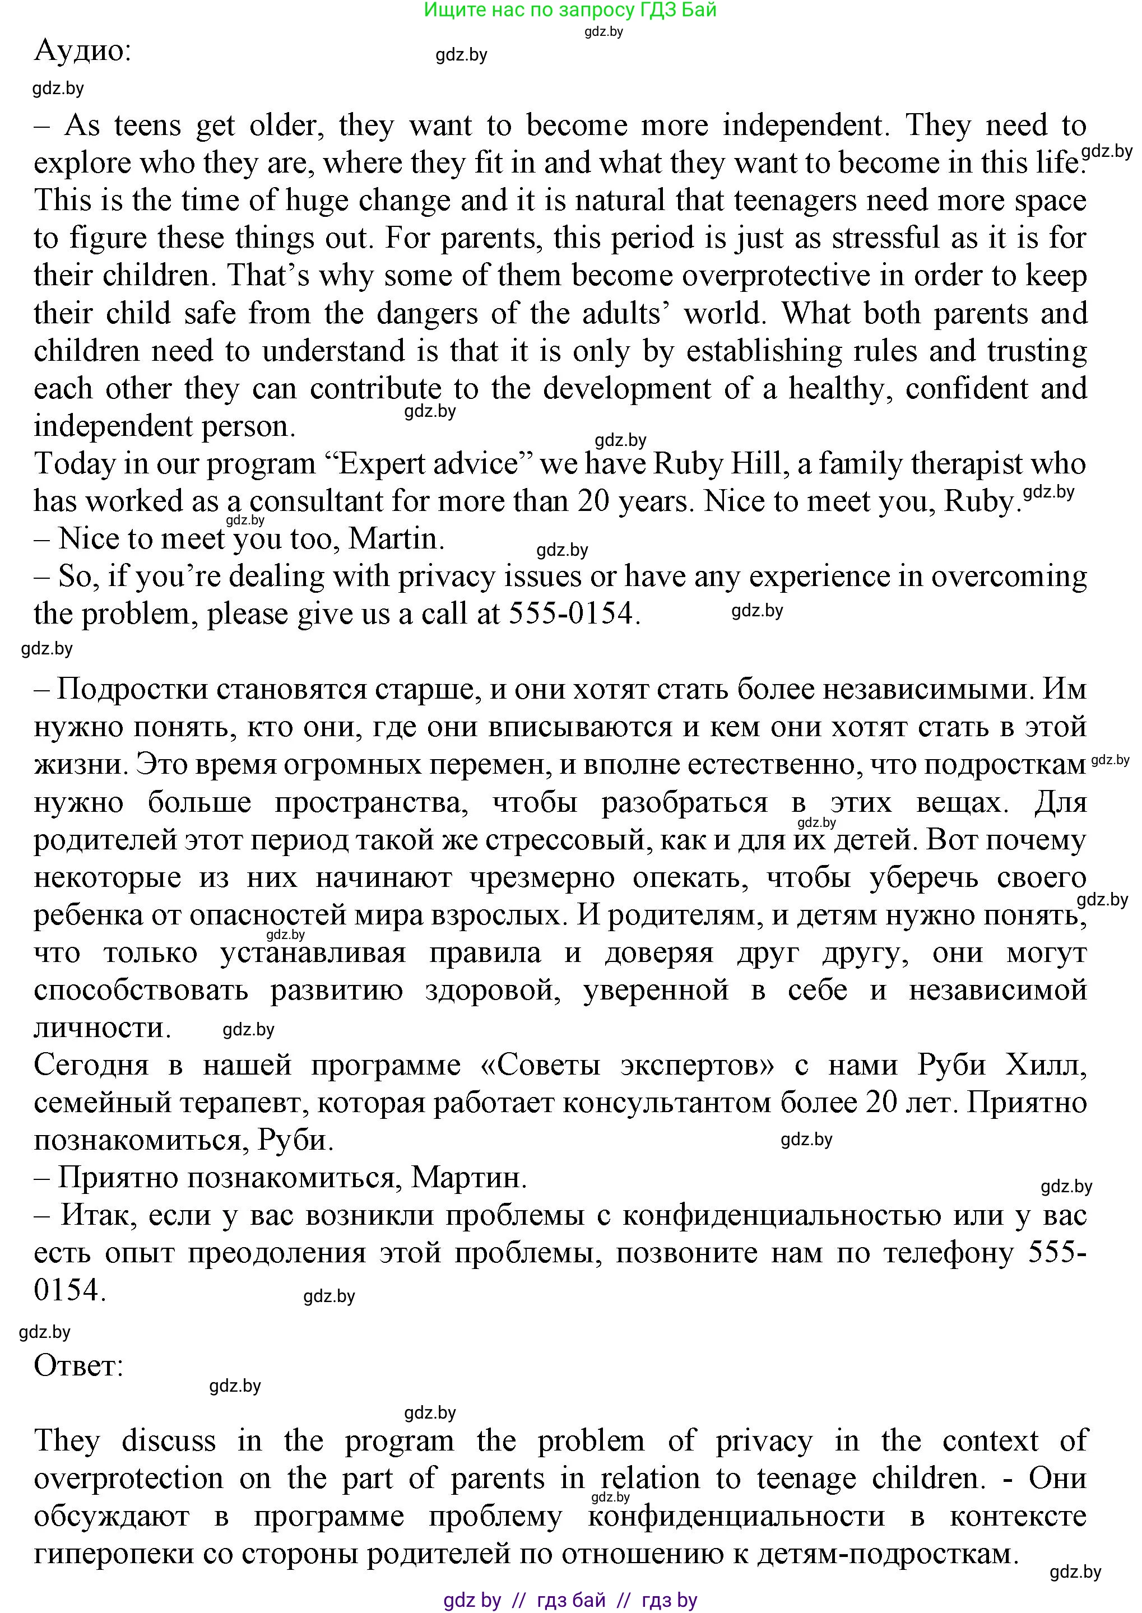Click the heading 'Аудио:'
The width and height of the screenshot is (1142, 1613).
click(82, 50)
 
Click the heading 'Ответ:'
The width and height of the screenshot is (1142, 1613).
click(79, 1365)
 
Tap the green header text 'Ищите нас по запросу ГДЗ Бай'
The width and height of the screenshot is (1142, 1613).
click(570, 10)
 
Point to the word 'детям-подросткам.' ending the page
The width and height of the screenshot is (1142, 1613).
click(888, 1552)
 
